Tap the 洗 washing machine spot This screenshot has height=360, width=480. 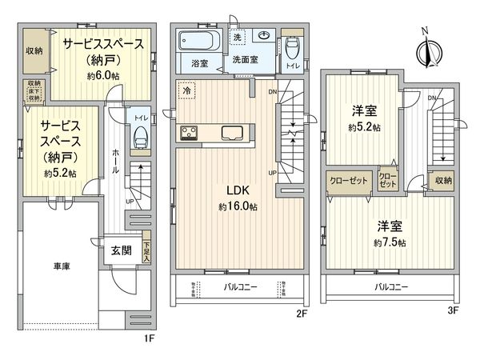[238, 38]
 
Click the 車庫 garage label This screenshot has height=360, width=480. [61, 266]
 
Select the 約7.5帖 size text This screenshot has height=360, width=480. [388, 242]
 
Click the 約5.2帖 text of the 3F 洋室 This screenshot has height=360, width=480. [364, 128]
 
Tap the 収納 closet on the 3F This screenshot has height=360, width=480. [443, 182]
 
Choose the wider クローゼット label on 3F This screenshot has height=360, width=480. [349, 182]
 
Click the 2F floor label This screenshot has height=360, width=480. [302, 314]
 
